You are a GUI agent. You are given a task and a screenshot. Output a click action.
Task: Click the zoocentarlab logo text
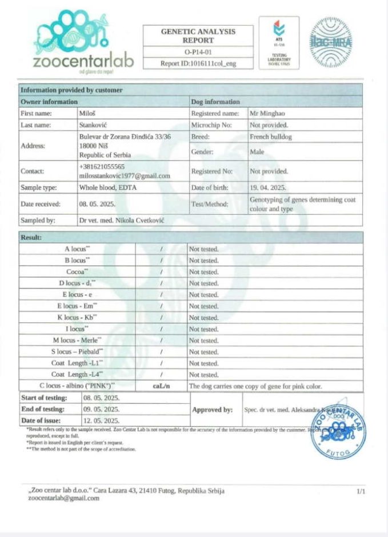pos(83,61)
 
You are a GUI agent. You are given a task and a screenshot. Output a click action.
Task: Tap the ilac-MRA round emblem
pos(331,42)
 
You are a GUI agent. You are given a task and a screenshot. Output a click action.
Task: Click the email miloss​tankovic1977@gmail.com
pos(125,176)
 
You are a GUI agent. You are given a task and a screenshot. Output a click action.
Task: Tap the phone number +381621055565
pos(102,166)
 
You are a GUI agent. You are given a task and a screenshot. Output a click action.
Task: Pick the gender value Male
pos(257,153)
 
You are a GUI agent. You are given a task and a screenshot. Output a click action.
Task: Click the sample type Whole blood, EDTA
pos(108,187)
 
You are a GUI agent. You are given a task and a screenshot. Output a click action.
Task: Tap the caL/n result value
pos(162,386)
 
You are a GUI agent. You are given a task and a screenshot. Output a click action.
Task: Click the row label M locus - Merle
pos(78,340)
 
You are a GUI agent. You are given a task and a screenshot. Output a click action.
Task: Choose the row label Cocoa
pos(77,272)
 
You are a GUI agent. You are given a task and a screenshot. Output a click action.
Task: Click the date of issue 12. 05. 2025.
pos(102,420)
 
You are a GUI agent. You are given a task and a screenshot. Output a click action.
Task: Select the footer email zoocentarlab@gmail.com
pos(63,498)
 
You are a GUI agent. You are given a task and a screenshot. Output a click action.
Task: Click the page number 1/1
pos(361,491)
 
